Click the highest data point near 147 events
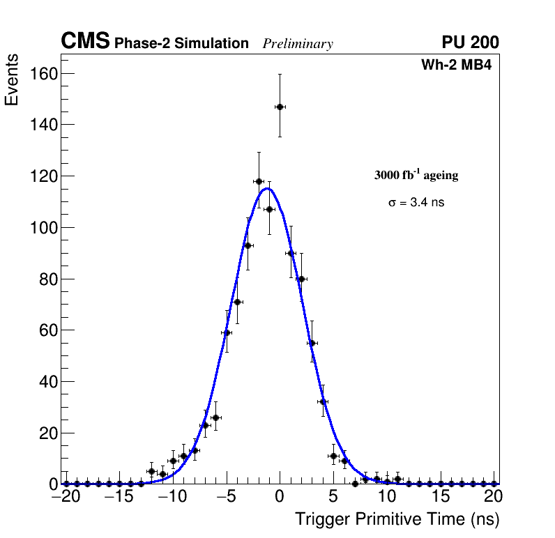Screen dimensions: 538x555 280,107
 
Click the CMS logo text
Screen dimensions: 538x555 85,42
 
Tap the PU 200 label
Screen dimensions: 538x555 470,43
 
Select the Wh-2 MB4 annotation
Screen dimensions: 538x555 457,66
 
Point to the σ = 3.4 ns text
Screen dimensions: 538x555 416,203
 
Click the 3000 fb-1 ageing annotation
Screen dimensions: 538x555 416,175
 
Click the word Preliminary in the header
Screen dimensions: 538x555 298,44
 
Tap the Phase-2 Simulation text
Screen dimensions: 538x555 181,44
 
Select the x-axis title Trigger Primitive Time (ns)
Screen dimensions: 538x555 397,519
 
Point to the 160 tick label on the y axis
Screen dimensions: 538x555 40,73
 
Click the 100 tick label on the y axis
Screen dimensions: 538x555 40,227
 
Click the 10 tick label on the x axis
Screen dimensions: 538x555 387,498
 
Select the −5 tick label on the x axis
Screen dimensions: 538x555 226,498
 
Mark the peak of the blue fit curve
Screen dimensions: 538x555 268,188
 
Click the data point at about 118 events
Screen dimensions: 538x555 259,181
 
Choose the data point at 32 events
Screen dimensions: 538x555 323,401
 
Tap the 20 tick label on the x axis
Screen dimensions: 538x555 493,498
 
